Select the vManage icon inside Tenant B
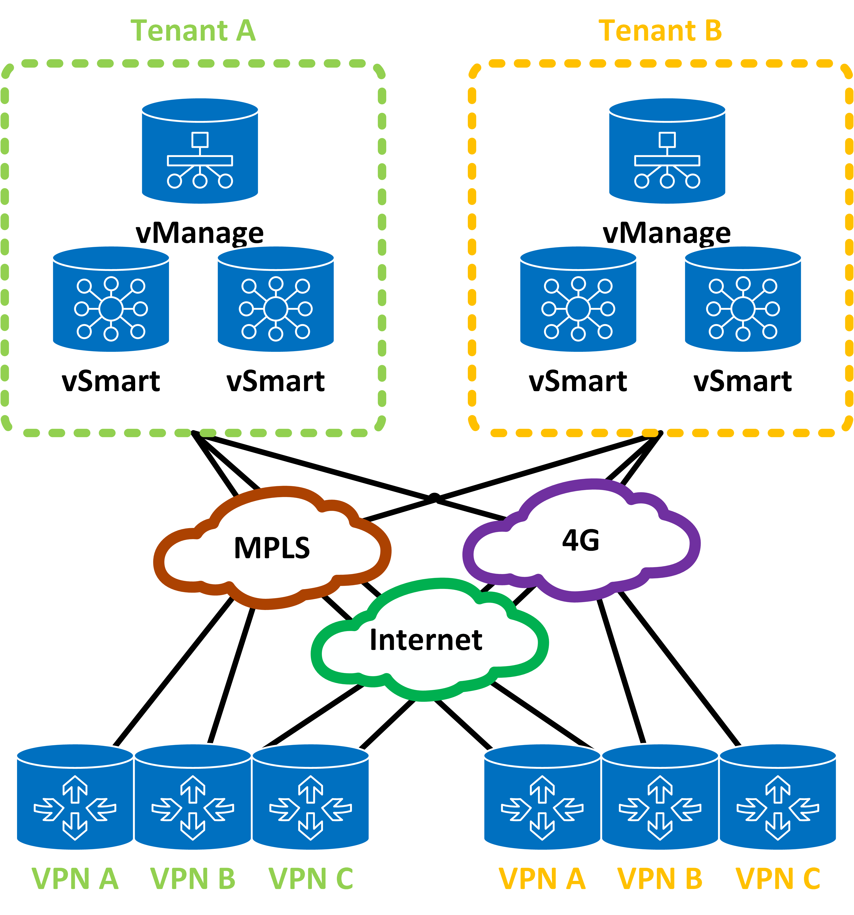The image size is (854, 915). click(667, 151)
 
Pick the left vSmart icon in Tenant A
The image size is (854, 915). click(111, 299)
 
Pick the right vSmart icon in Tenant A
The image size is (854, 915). click(276, 299)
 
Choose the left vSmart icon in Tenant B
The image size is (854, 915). click(578, 299)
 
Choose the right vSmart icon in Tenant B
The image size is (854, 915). click(743, 299)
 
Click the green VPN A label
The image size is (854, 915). click(75, 879)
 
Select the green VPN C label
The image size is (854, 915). click(311, 879)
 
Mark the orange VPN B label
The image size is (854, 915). click(660, 879)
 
